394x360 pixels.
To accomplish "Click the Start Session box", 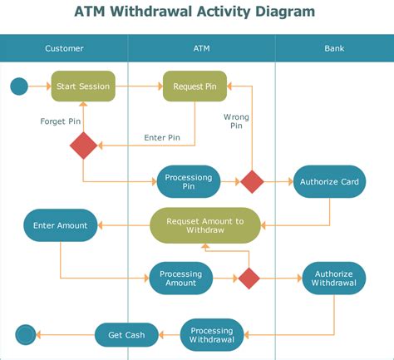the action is (83, 86).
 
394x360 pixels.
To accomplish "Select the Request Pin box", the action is (195, 86).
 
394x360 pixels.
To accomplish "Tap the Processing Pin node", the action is (189, 182).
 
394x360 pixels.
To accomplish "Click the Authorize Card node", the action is (329, 182).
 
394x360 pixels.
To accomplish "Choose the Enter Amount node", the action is (61, 225).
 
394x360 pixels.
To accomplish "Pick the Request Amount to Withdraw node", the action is (205, 225).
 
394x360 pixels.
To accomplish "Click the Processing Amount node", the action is (181, 279).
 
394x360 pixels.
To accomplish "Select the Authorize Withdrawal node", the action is (334, 279).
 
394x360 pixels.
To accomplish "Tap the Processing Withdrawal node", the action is (212, 335).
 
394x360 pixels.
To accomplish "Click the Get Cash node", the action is (126, 335).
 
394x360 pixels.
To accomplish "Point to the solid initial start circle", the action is (19, 86).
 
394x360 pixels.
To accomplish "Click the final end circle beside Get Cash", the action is (26, 335).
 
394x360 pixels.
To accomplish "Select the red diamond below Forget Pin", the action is (83, 145).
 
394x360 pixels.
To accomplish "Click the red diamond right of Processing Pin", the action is (252, 182).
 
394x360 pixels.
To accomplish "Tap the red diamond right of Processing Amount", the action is (249, 279).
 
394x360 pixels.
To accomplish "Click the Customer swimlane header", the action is (64, 48).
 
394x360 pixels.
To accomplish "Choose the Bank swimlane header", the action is (334, 48).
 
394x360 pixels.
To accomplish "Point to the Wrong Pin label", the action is (236, 121).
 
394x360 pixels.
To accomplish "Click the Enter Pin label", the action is (162, 137).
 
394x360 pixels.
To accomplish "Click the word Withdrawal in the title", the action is (152, 12).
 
